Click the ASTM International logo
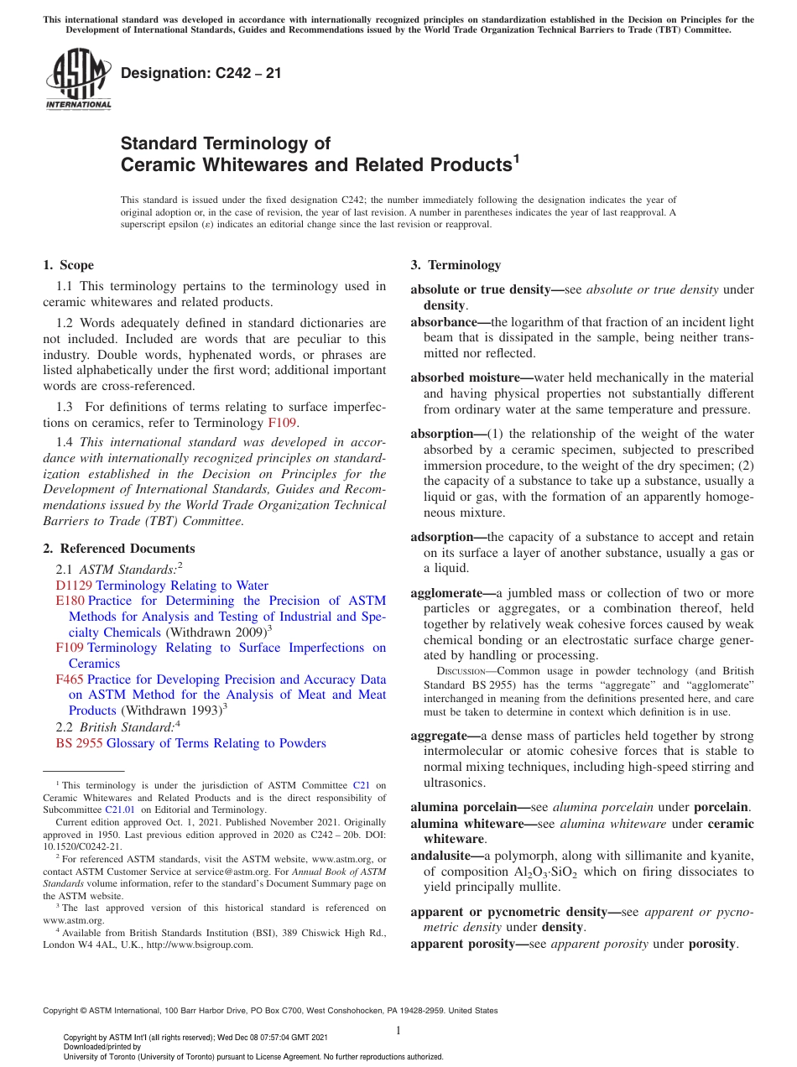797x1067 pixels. [78, 79]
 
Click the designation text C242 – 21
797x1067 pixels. [201, 74]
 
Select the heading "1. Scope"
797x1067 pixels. [68, 265]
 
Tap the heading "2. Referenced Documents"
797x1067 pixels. [118, 549]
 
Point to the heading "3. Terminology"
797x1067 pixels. [456, 265]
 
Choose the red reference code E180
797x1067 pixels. [70, 601]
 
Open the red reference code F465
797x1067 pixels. [70, 679]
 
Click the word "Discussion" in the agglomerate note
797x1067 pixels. [460, 672]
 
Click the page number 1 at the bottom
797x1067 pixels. [398, 1031]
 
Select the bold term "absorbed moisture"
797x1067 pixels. [467, 378]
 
